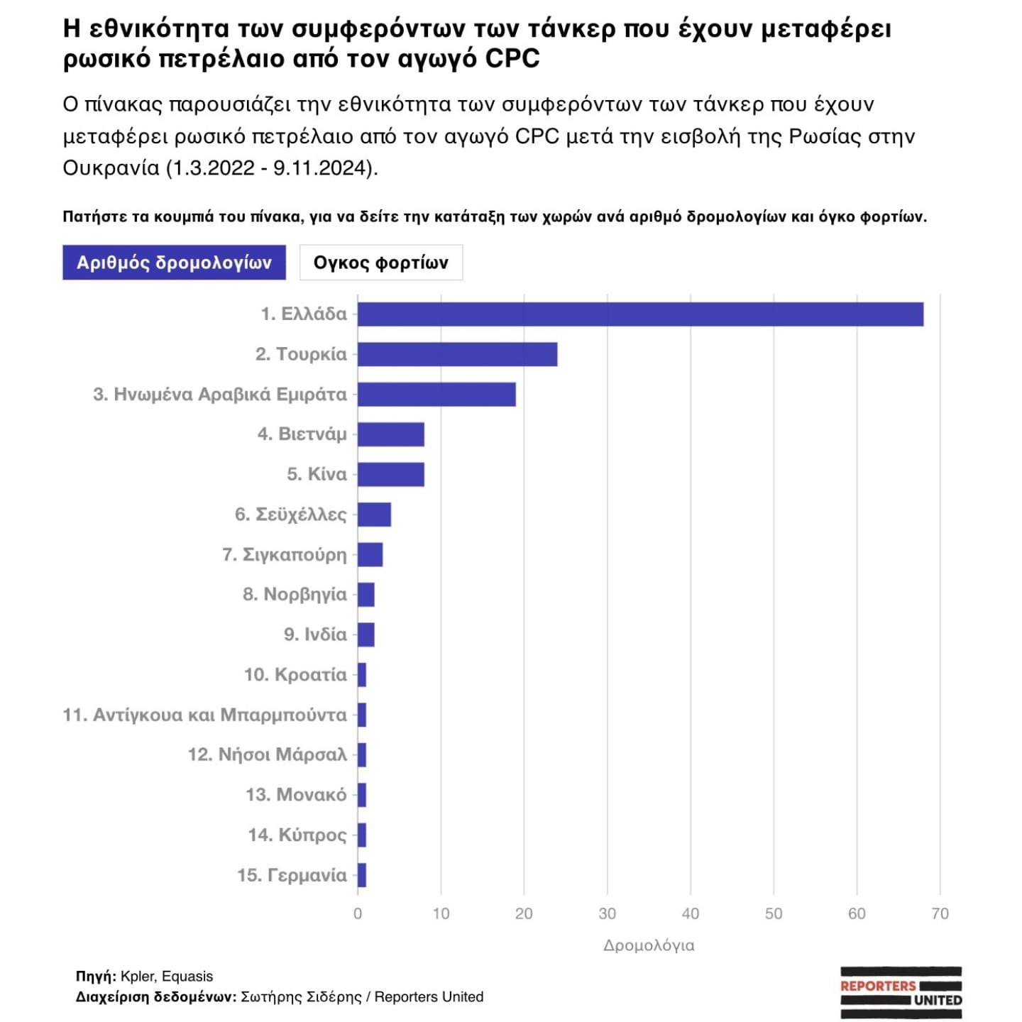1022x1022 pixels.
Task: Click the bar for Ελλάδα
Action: click(640, 314)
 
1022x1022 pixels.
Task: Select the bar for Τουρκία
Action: click(457, 354)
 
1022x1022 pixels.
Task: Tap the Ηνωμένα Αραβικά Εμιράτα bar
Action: click(436, 395)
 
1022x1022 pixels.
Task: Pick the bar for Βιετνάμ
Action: click(390, 434)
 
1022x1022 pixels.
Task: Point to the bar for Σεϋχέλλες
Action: click(374, 515)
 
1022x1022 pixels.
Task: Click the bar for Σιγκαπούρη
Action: click(370, 554)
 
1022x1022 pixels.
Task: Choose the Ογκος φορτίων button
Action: click(381, 263)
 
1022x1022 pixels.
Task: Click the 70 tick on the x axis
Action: click(940, 913)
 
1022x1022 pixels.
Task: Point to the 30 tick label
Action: click(607, 913)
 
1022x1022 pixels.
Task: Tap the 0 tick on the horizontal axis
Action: click(358, 913)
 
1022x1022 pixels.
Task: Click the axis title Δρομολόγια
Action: click(649, 945)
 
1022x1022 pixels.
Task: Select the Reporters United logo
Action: click(901, 992)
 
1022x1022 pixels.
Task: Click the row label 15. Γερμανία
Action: click(292, 875)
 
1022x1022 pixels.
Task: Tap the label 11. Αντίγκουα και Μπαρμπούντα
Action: click(204, 715)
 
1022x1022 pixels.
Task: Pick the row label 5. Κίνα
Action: click(317, 474)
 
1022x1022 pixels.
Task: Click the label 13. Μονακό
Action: click(296, 795)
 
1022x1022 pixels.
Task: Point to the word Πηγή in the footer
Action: click(95, 977)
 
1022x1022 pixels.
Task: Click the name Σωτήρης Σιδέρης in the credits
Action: click(301, 997)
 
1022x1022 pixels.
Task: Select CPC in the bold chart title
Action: click(512, 58)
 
